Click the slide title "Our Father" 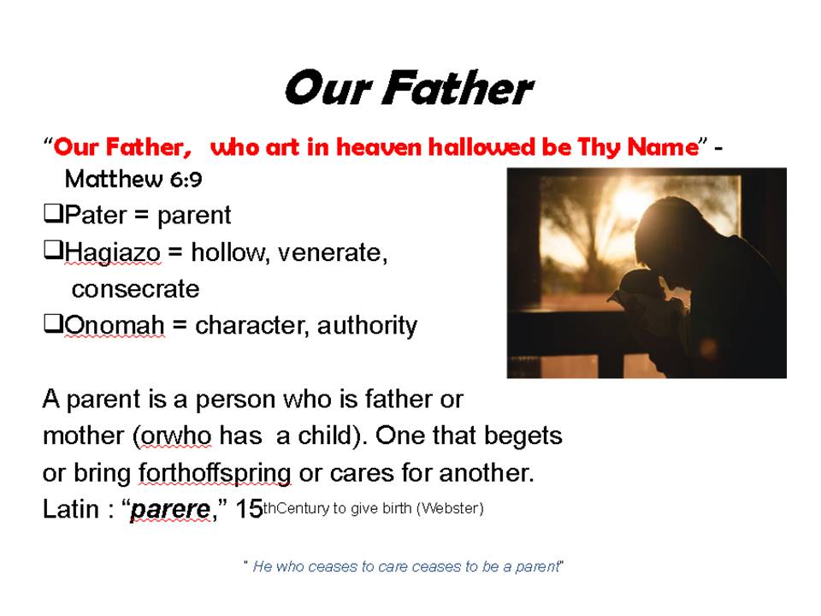(x=409, y=88)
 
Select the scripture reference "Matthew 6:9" (x=133, y=180)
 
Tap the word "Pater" (x=96, y=216)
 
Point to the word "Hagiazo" (x=113, y=253)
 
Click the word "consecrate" (x=136, y=289)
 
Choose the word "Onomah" (x=115, y=325)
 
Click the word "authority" (x=367, y=326)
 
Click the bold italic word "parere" (x=170, y=509)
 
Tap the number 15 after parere (x=249, y=508)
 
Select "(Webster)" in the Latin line (x=451, y=508)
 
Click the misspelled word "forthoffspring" (x=215, y=473)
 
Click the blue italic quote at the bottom (x=404, y=566)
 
